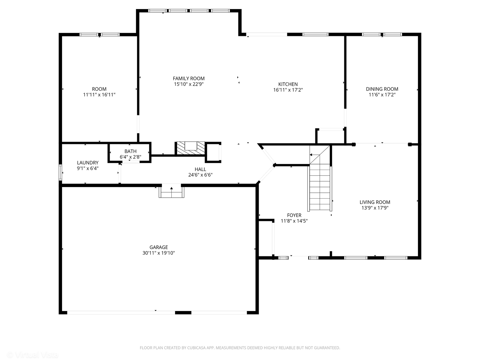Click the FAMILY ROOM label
click(189, 78)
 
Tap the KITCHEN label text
click(288, 84)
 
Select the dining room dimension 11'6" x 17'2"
click(382, 95)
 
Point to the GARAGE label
click(159, 247)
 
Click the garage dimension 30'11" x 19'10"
click(159, 253)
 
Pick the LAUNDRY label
click(88, 163)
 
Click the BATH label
click(131, 151)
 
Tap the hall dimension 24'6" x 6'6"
click(200, 175)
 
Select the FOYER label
click(294, 215)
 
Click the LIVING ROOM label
click(375, 202)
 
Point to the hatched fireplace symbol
click(191, 148)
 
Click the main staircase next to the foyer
click(320, 178)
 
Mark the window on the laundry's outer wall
click(60, 173)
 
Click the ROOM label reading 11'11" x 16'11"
click(99, 92)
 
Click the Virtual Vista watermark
click(32, 354)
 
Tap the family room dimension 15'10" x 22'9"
click(189, 84)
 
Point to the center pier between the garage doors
click(183, 313)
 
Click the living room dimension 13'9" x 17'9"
click(375, 208)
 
